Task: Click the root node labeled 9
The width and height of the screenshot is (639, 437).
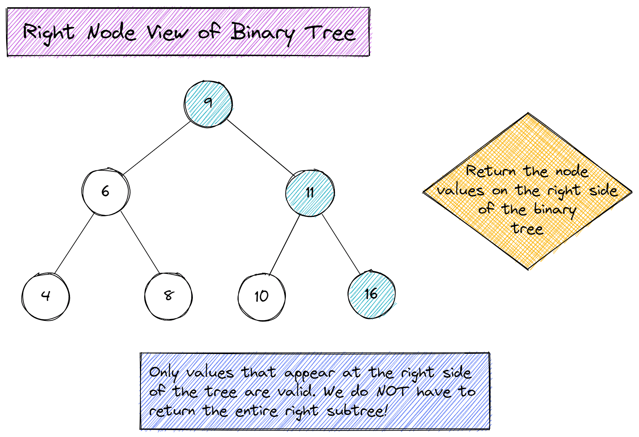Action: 208,104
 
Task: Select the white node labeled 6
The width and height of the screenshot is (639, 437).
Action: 106,191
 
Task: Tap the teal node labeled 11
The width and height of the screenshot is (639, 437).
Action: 310,193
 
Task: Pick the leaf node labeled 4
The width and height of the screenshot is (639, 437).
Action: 46,296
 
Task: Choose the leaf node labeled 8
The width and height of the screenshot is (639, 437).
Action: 168,296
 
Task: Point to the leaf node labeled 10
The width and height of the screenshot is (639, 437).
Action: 262,297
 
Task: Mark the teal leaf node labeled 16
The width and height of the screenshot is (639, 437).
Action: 372,295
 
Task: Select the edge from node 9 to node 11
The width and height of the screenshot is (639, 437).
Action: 260,147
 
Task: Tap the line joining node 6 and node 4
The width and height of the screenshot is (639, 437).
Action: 75,243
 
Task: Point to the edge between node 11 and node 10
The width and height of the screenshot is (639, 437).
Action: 285,244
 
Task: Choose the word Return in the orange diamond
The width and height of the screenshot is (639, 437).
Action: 491,171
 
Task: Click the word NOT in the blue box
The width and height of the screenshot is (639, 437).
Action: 393,391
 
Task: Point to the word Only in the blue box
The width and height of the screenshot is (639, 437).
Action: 164,373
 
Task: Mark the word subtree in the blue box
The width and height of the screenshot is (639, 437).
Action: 356,411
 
